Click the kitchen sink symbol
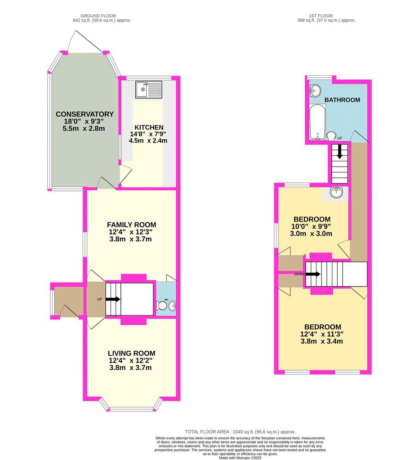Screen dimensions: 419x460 (x=148, y=89)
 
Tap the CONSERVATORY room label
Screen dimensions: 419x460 (x=85, y=114)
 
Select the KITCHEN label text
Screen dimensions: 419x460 (x=149, y=127)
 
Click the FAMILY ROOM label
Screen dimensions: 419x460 (x=131, y=225)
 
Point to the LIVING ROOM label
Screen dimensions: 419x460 (x=131, y=353)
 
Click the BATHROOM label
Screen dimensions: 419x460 (x=342, y=100)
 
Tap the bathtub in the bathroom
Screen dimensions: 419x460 (x=317, y=122)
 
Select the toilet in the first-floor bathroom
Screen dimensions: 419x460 (x=331, y=136)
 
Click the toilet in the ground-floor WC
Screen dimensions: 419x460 (x=161, y=305)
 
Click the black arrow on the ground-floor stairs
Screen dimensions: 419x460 (x=113, y=299)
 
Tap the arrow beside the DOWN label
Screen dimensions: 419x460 (x=313, y=274)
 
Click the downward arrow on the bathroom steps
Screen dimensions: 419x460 (x=340, y=152)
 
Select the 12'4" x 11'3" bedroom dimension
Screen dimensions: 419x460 (x=322, y=334)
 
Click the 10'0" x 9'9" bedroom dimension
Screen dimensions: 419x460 (x=311, y=226)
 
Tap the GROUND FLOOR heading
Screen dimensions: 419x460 (x=98, y=16)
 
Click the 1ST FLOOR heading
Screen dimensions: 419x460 (x=321, y=16)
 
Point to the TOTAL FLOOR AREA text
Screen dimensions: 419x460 (x=241, y=432)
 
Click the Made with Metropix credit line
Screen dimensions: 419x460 (x=240, y=458)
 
